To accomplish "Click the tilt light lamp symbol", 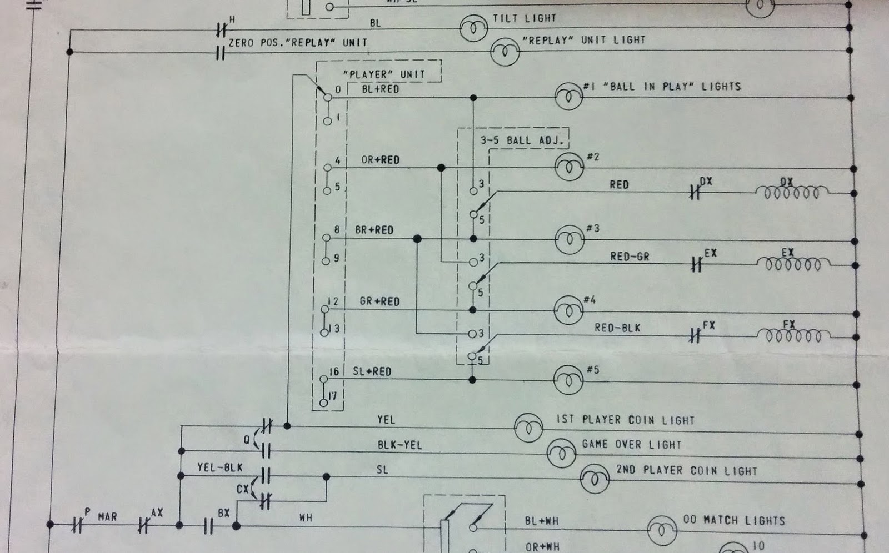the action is (x=473, y=28).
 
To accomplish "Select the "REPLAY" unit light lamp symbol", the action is (x=505, y=52).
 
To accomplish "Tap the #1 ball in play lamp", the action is (x=568, y=97).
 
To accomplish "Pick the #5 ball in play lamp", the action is (x=568, y=380).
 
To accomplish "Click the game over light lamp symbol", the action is (x=562, y=453).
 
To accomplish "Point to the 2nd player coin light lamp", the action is (x=595, y=479).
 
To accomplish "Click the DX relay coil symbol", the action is (x=792, y=192).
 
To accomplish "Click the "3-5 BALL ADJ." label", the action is (x=522, y=140).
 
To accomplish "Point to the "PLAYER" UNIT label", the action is (x=384, y=74).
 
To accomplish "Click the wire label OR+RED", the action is (x=380, y=160).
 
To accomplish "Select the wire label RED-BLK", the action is (x=617, y=328).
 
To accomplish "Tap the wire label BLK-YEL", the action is (x=399, y=445).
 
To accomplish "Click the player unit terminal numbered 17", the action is (x=323, y=403).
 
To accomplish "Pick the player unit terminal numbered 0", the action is (x=328, y=97).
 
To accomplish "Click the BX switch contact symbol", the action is (x=208, y=526).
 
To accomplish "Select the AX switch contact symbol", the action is (x=143, y=525).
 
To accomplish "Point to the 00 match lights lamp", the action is (x=662, y=530).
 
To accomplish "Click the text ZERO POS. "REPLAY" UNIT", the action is (x=298, y=42).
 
